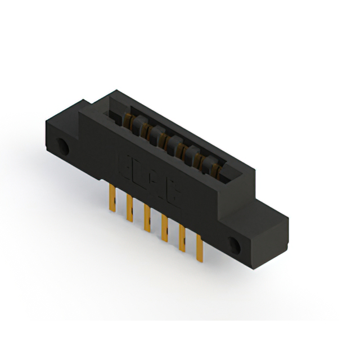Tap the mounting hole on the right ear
click(233, 244)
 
